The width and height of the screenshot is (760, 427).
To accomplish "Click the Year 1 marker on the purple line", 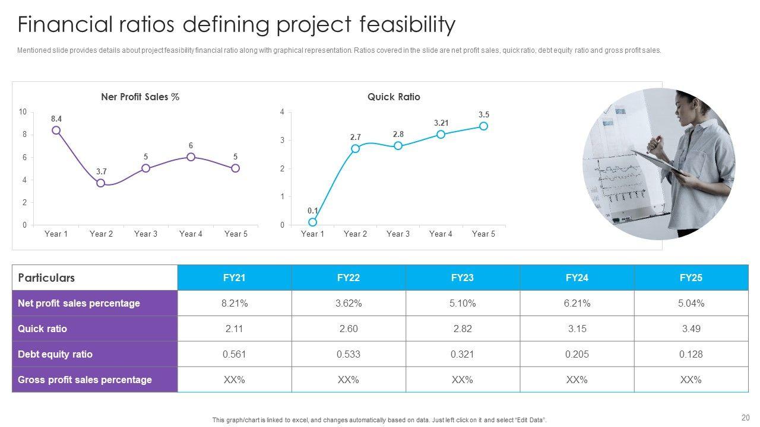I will pyautogui.click(x=56, y=130).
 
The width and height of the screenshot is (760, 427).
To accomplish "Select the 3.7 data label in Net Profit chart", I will pyautogui.click(x=102, y=172).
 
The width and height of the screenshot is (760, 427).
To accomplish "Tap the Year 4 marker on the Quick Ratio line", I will pyautogui.click(x=441, y=135).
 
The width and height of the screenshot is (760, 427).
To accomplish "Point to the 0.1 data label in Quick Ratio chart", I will pyautogui.click(x=313, y=211).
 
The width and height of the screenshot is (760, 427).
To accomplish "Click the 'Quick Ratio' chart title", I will pyautogui.click(x=394, y=97).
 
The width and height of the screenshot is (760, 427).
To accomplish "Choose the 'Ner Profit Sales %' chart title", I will pyautogui.click(x=140, y=97).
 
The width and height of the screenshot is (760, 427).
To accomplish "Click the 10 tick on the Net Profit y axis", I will pyautogui.click(x=23, y=112).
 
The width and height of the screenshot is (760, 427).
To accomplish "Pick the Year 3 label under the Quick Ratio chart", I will pyautogui.click(x=398, y=234).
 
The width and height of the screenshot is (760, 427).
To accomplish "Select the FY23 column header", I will pyautogui.click(x=463, y=278).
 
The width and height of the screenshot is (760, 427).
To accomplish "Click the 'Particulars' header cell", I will pyautogui.click(x=46, y=278).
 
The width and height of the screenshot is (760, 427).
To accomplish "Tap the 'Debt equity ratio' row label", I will pyautogui.click(x=55, y=354).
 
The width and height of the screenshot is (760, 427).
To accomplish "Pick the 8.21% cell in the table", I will pyautogui.click(x=235, y=303).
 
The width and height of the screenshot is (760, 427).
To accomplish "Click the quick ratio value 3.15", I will pyautogui.click(x=577, y=329).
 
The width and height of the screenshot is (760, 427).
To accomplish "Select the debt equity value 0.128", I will pyautogui.click(x=691, y=354).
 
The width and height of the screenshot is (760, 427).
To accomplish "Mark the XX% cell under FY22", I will pyautogui.click(x=349, y=380).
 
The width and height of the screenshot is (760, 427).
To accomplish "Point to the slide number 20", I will pyautogui.click(x=746, y=417).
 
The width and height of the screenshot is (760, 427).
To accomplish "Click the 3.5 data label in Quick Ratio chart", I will pyautogui.click(x=484, y=114).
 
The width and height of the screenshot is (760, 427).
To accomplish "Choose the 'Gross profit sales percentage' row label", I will pyautogui.click(x=85, y=380).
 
